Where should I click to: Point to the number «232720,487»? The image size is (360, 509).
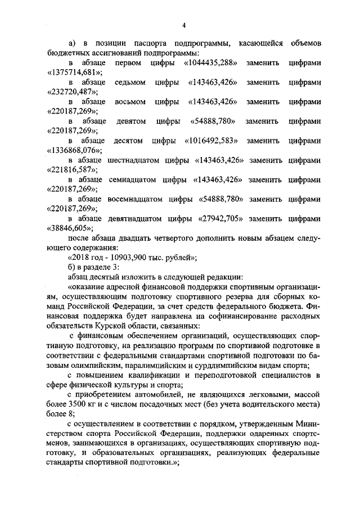[x=71, y=92]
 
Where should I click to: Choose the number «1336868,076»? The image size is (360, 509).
[x=74, y=151]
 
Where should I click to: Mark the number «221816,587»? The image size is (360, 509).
[x=71, y=170]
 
